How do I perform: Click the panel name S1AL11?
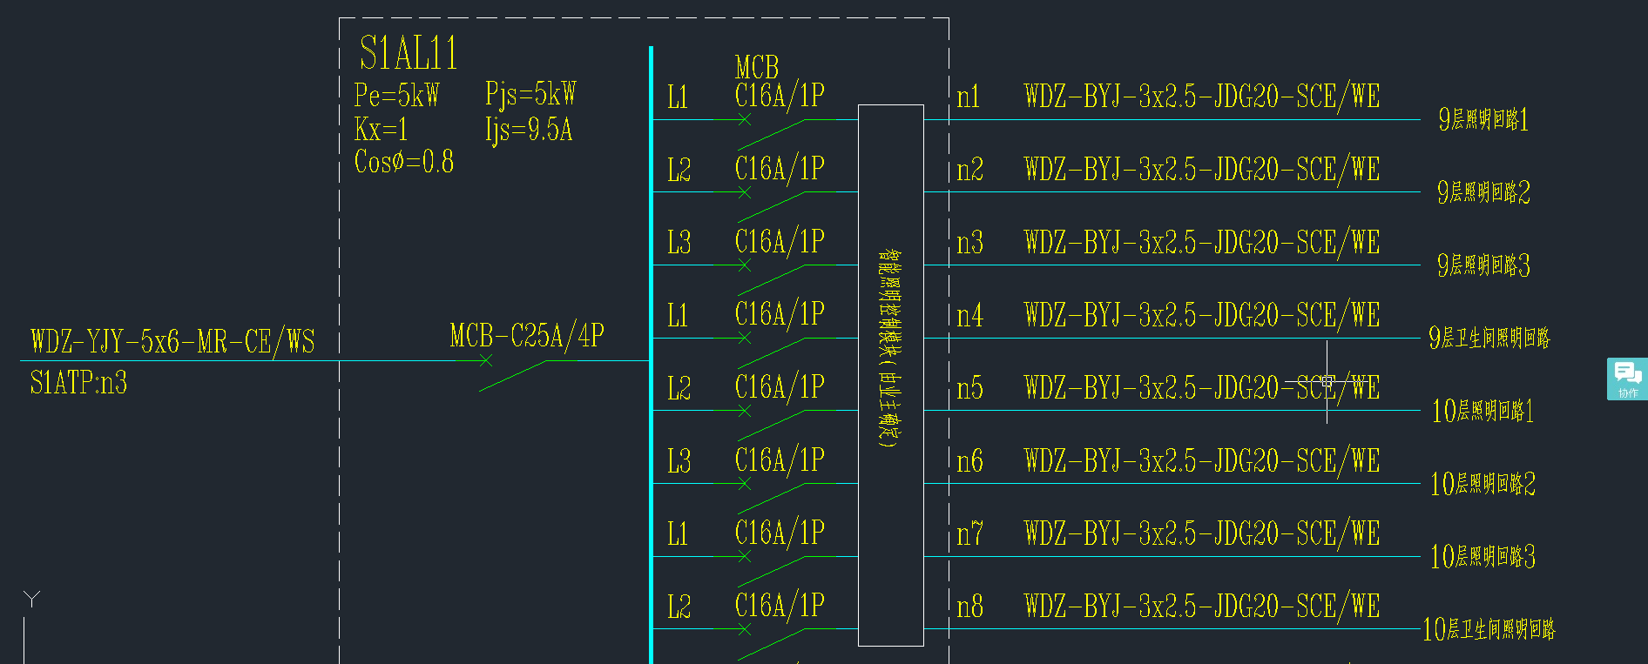tap(409, 53)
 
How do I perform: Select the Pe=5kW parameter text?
tap(396, 95)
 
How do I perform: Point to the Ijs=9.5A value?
tap(529, 131)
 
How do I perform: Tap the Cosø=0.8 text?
tap(403, 162)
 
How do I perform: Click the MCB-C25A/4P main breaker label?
tap(527, 336)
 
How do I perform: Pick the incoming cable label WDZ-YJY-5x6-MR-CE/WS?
tap(172, 341)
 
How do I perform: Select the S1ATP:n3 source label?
tap(78, 383)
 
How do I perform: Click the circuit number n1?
tap(969, 97)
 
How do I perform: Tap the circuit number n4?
tap(969, 315)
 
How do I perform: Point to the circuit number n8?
tap(969, 607)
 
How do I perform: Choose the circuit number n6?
tap(969, 460)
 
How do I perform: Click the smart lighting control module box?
tap(890, 374)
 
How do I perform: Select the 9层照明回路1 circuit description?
tap(1483, 119)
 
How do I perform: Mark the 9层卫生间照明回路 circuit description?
tap(1489, 338)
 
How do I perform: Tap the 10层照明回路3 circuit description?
tap(1483, 557)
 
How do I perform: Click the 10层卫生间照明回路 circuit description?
tap(1489, 629)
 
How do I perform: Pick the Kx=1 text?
tap(381, 131)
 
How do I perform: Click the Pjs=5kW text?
tap(530, 94)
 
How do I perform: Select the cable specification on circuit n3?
tap(1202, 243)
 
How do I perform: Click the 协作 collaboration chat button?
tap(1627, 379)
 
